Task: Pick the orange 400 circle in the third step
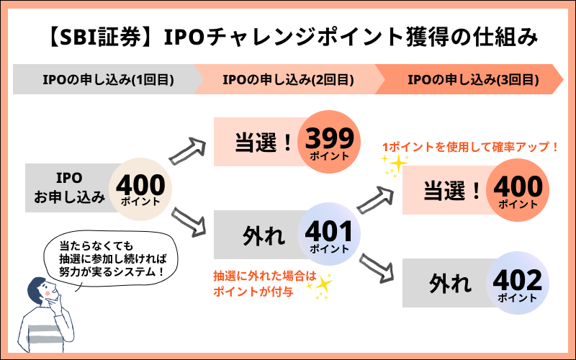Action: pyautogui.click(x=517, y=191)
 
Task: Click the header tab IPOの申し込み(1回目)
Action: pyautogui.click(x=101, y=79)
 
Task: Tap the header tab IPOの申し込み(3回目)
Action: pyautogui.click(x=472, y=79)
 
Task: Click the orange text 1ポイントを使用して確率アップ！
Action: pyautogui.click(x=469, y=147)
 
